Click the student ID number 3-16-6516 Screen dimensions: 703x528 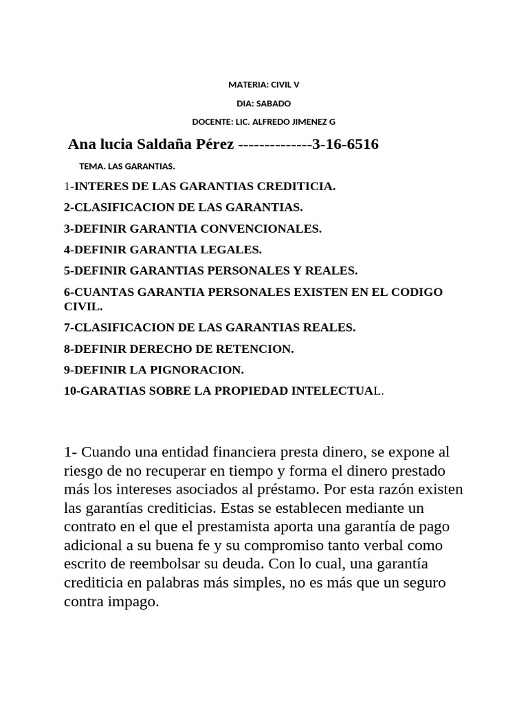(345, 144)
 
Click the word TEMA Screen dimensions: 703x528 (91, 166)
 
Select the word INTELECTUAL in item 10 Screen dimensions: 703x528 (337, 391)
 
